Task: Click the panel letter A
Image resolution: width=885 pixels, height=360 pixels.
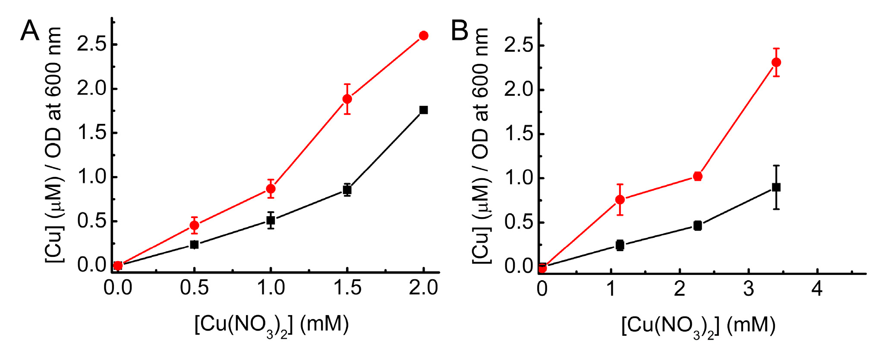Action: [x=29, y=31]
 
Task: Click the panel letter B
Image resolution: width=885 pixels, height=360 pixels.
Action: [x=460, y=31]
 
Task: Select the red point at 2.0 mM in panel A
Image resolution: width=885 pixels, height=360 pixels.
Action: [x=423, y=35]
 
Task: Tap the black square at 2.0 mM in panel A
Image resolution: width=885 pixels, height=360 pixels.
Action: [x=423, y=110]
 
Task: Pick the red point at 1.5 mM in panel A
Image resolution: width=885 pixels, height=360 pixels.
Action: [x=347, y=99]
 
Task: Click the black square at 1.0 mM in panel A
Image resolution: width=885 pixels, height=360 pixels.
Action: [x=271, y=221]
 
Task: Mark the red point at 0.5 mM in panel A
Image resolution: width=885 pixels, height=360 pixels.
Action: [x=194, y=225]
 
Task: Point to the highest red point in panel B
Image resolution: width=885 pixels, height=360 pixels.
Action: [x=776, y=62]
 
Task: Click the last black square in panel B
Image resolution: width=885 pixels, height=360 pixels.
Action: [x=776, y=187]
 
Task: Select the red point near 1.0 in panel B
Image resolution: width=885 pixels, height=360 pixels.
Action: [x=698, y=176]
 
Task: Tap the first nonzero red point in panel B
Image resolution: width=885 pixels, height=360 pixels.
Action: [x=620, y=199]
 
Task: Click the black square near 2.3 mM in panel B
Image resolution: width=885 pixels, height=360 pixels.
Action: [x=698, y=225]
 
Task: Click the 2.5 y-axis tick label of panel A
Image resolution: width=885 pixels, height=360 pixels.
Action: [x=91, y=44]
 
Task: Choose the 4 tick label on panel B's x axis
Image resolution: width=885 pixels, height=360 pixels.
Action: [x=817, y=288]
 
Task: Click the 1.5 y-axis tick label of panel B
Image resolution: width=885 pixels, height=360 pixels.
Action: [x=518, y=134]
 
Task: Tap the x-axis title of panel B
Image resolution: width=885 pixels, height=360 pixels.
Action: [x=698, y=325]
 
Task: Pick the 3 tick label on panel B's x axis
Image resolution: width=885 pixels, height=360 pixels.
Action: [x=749, y=288]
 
